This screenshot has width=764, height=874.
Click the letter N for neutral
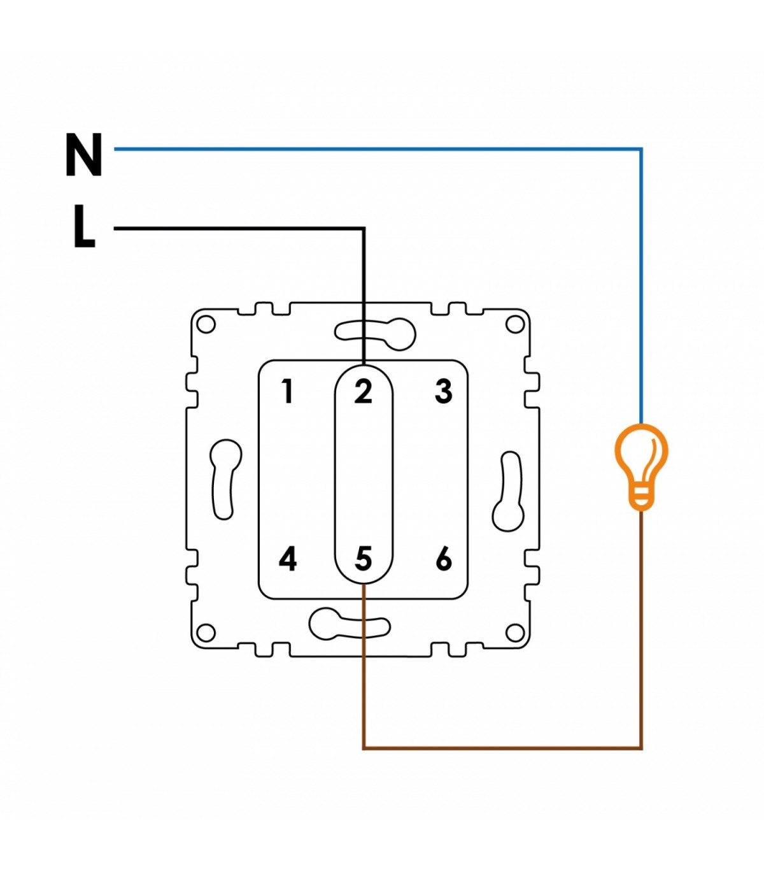pyautogui.click(x=83, y=154)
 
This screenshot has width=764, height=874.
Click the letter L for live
pyautogui.click(x=84, y=226)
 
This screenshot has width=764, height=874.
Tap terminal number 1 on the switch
pyautogui.click(x=288, y=391)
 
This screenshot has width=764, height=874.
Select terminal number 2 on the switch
pyautogui.click(x=363, y=391)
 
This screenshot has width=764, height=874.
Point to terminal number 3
pyautogui.click(x=444, y=391)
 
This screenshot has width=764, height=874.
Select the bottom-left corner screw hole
pyautogui.click(x=206, y=632)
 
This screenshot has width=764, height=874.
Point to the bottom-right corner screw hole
pyautogui.click(x=514, y=632)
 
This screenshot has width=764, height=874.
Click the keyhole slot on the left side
pyautogui.click(x=225, y=479)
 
